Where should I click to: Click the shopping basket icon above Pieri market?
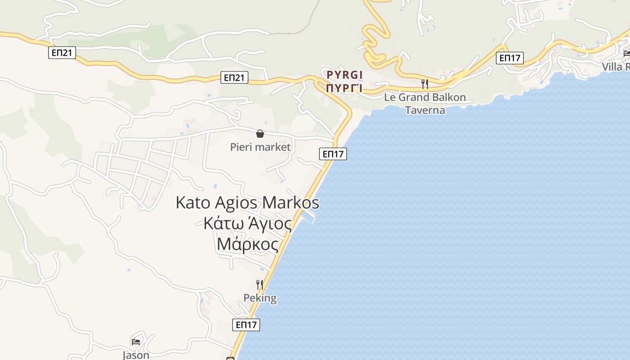coord(260,134)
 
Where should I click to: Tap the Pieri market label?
coord(260,147)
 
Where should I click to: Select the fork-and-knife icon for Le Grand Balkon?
coord(424,84)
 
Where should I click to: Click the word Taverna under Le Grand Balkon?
coord(425,110)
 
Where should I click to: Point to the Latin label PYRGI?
coord(345,75)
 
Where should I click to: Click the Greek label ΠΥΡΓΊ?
coord(345,87)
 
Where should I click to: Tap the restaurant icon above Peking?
coord(260,284)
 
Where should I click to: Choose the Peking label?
coord(260,298)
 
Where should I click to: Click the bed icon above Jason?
coord(136,342)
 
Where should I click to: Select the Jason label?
coord(136,355)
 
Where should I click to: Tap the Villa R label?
coord(616,67)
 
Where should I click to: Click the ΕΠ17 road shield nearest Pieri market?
coord(333,154)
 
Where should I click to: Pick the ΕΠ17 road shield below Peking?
coord(246,324)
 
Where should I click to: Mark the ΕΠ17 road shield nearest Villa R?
coord(510,58)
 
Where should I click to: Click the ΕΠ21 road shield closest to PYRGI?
coord(235,77)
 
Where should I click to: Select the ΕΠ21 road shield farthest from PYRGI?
coord(62,53)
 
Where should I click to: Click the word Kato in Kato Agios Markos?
coord(193,202)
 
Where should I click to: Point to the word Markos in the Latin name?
coord(291,202)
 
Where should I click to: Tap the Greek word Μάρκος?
coord(247,244)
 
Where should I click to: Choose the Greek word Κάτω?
coord(220,224)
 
